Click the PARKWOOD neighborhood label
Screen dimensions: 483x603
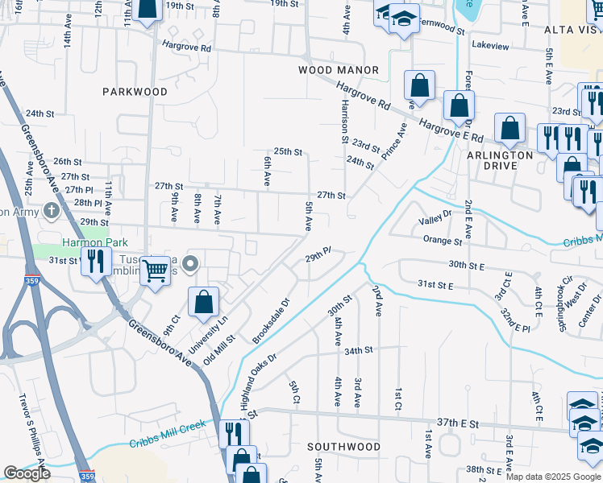click(135, 92)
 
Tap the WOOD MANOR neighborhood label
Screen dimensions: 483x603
click(339, 71)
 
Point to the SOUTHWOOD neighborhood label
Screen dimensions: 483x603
click(344, 446)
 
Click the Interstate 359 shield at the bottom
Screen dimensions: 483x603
click(88, 477)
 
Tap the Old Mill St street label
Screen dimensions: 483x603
click(218, 350)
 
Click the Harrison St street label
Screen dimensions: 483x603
click(344, 122)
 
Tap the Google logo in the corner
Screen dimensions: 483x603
click(27, 473)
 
